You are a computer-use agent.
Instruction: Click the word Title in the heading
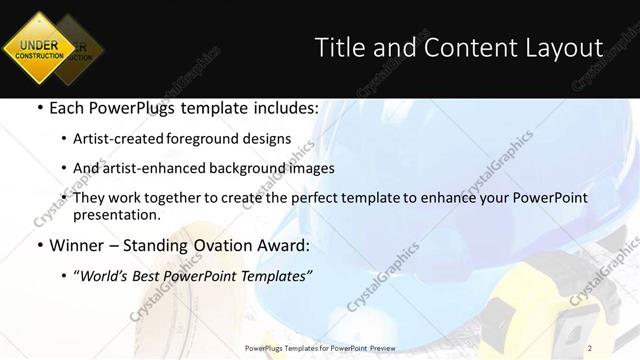coord(337,47)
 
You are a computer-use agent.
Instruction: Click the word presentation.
coord(115,214)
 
